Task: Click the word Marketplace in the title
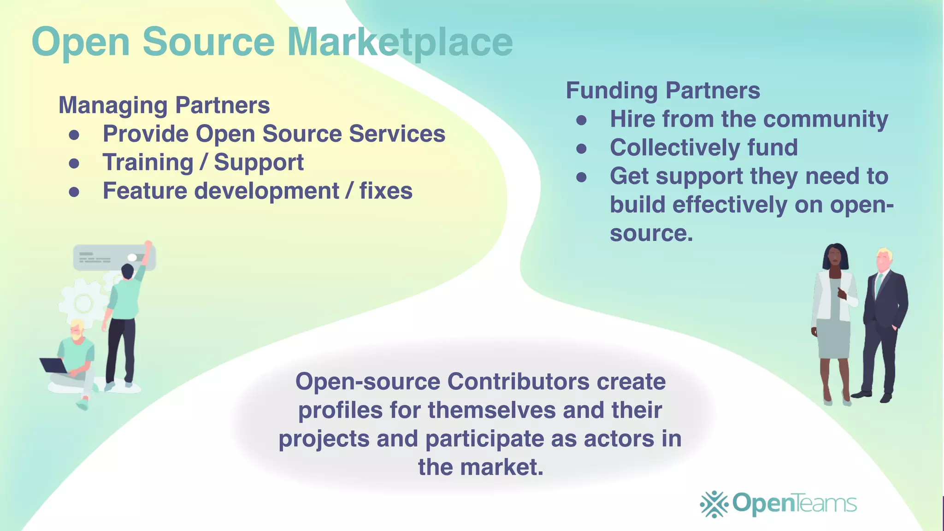[x=400, y=42]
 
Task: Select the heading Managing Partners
[x=164, y=106]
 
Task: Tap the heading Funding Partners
[x=663, y=91]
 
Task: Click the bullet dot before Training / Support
[x=74, y=163]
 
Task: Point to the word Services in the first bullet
[x=397, y=134]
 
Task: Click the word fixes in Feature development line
[x=386, y=191]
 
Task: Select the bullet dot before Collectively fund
[x=582, y=148]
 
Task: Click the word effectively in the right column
[x=730, y=205]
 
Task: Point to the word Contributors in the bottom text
[x=519, y=382]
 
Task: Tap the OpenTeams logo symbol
[x=714, y=504]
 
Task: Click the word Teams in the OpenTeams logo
[x=826, y=503]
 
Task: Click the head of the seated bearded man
[x=77, y=330]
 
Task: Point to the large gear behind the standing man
[x=83, y=303]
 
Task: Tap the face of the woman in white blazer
[x=835, y=258]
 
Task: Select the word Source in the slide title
[x=208, y=42]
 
